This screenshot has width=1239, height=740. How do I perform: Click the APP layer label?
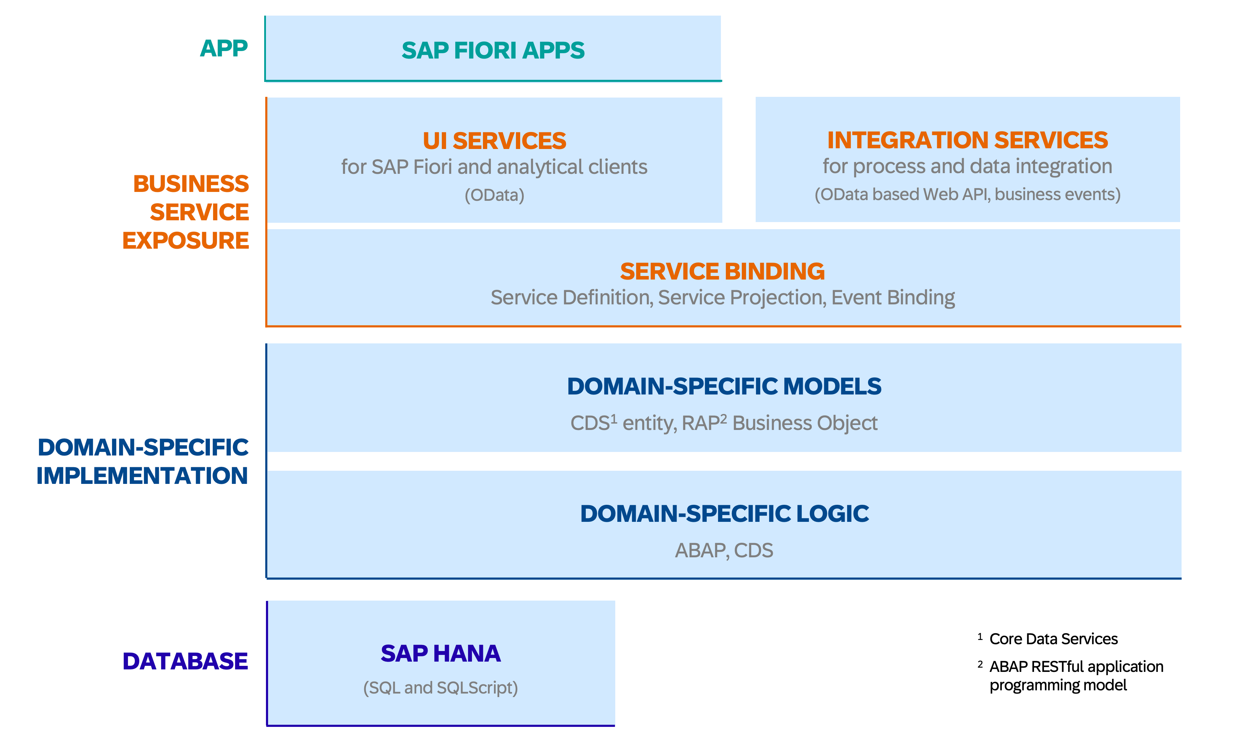tap(224, 48)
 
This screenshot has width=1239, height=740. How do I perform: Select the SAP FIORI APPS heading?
tap(493, 50)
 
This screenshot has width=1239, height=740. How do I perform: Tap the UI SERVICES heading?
tap(494, 140)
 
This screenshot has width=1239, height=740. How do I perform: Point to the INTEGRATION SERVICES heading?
tap(967, 140)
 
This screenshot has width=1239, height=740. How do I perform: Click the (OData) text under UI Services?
tap(494, 195)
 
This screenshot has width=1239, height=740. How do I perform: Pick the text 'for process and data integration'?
tap(967, 166)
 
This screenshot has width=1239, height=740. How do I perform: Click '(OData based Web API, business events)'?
tap(967, 194)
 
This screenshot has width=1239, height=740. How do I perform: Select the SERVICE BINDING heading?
tap(722, 271)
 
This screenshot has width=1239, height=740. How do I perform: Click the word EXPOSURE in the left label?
tap(185, 241)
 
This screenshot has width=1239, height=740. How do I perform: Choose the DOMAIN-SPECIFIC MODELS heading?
tap(724, 386)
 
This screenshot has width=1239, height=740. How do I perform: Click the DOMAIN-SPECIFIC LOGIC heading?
tap(724, 514)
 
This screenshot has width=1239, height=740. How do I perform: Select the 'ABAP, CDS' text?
tap(724, 551)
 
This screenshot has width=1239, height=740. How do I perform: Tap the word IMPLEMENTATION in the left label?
tap(142, 476)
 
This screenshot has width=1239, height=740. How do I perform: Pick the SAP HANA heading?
tap(440, 654)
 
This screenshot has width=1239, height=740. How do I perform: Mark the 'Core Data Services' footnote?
tap(1054, 639)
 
